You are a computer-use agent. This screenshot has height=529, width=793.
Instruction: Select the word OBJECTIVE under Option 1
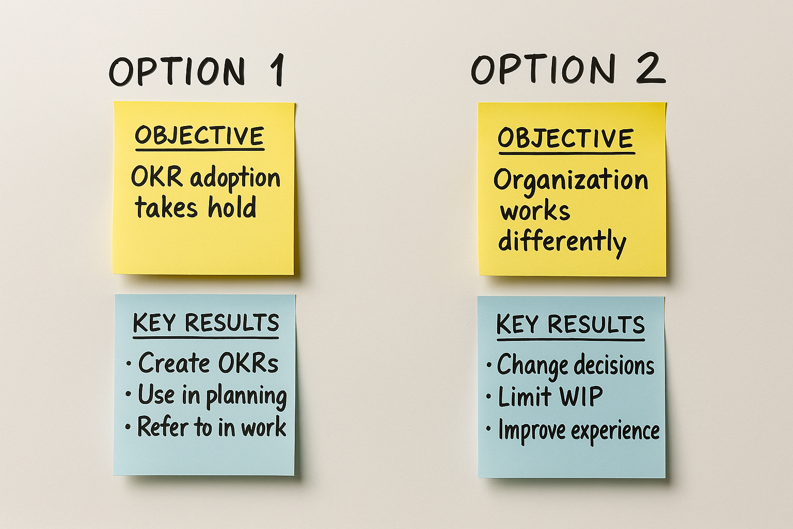(x=199, y=136)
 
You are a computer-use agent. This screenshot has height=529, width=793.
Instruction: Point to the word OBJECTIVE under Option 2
(x=566, y=138)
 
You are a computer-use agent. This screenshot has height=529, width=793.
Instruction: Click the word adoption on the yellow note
(x=235, y=178)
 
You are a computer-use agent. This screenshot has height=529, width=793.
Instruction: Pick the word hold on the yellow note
(x=232, y=208)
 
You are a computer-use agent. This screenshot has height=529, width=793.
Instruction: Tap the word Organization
(x=570, y=180)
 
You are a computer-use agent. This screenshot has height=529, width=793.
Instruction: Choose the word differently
(x=562, y=241)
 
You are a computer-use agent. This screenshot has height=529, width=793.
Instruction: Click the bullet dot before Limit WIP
(x=489, y=398)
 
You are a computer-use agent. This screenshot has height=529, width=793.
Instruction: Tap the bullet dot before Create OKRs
(x=129, y=363)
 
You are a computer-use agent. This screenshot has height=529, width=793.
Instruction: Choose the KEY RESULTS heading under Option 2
(x=570, y=325)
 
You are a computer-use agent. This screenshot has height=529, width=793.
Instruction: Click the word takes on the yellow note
(x=166, y=208)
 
